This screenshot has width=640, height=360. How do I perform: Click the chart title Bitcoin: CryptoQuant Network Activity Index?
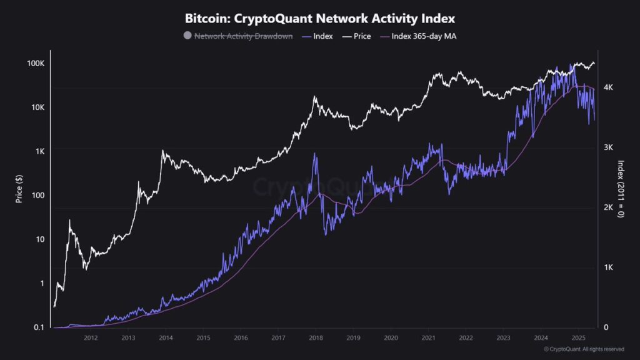coord(320,19)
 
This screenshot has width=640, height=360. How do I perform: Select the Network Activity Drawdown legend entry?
coord(243,36)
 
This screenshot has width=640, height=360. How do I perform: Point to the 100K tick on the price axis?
coord(35,64)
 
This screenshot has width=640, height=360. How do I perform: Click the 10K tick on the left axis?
coord(36,107)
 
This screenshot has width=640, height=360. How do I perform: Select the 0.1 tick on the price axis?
coord(38,327)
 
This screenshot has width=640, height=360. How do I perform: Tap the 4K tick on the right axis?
coord(607,87)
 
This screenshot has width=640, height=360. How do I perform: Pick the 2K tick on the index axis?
coord(607,207)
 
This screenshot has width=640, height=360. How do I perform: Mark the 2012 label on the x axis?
coord(91,338)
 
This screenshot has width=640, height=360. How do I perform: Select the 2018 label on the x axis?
coord(316,338)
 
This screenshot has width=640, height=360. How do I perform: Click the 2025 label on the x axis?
coord(578,338)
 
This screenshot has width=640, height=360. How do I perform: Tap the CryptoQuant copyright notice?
coord(584,349)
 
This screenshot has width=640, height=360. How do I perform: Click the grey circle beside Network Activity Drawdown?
coord(187,36)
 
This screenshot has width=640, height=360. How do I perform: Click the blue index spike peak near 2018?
coord(316,154)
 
